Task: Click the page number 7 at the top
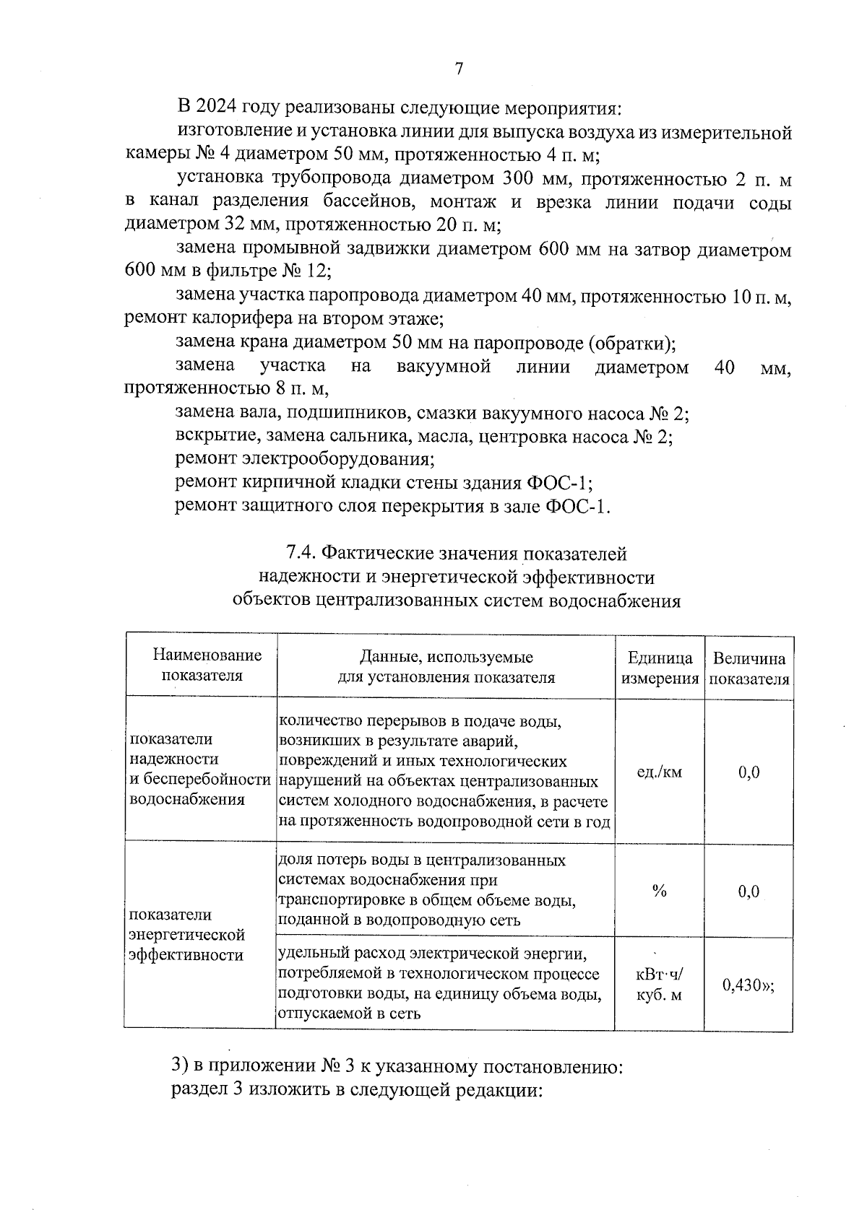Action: (x=458, y=69)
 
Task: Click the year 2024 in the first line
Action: (x=217, y=108)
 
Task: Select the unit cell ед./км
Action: (x=659, y=772)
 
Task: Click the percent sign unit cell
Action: (x=659, y=891)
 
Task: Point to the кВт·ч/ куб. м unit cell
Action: (x=659, y=985)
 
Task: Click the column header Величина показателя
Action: (x=749, y=668)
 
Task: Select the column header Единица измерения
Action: (x=660, y=668)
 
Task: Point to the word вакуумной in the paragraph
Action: (x=444, y=367)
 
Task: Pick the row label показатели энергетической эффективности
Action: (x=186, y=935)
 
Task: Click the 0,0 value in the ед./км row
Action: (x=749, y=772)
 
